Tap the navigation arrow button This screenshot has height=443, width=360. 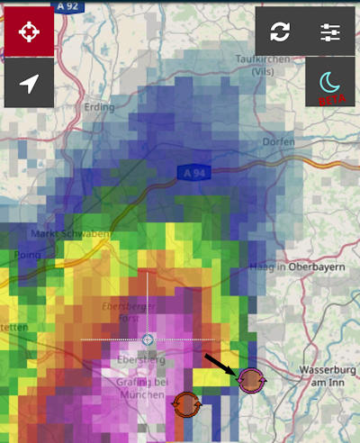(x=29, y=85)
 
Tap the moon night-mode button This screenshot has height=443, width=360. (x=329, y=85)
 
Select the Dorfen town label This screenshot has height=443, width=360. (x=278, y=142)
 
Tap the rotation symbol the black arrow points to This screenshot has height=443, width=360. (x=250, y=381)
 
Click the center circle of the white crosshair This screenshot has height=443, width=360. (x=148, y=339)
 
